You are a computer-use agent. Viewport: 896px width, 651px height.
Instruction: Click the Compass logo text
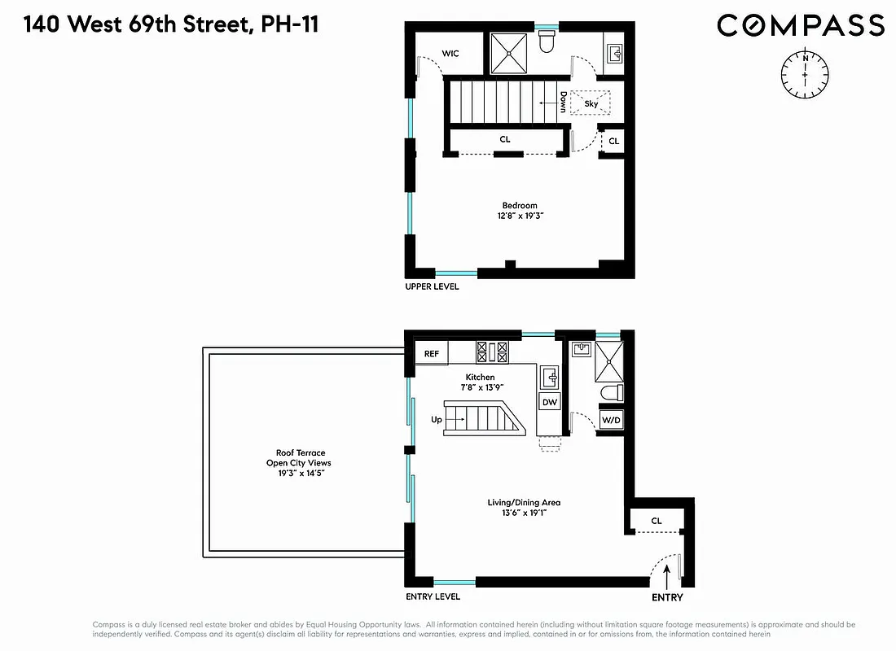[x=800, y=25]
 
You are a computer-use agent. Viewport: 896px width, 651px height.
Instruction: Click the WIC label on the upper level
[x=450, y=54]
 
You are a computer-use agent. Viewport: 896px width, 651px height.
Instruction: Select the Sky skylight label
[x=591, y=103]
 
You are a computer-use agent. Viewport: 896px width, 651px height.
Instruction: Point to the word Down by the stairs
[x=562, y=102]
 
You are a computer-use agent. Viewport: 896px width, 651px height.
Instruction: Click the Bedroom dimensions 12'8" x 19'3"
[x=519, y=216]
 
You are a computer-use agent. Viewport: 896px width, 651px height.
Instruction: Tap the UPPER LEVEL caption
[x=432, y=286]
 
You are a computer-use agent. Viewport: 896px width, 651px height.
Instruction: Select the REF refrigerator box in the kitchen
[x=432, y=354]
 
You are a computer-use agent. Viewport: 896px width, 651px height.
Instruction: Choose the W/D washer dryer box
[x=610, y=420]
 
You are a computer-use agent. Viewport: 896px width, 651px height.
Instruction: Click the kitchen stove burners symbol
[x=492, y=352]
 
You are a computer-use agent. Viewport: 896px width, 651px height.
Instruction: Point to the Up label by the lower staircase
[x=436, y=420]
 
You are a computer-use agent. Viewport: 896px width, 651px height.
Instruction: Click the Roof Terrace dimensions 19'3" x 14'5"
[x=301, y=474]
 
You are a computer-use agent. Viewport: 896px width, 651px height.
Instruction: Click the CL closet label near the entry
[x=657, y=521]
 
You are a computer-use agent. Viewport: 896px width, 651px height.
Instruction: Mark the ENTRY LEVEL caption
[x=433, y=596]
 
